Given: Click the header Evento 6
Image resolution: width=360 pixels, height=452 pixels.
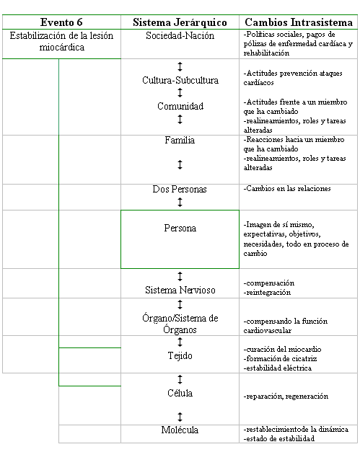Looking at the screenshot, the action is (61, 22).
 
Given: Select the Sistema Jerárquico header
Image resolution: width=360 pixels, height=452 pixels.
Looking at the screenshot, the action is (180, 22).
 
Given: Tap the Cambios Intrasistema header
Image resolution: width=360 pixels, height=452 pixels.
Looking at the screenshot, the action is (299, 22).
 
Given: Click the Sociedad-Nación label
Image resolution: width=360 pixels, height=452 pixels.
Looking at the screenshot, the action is (180, 36).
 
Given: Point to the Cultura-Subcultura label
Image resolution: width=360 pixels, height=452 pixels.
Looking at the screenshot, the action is (180, 80).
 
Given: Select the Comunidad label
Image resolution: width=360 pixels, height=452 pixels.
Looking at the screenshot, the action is (180, 106).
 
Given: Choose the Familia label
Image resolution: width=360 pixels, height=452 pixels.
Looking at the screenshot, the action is (180, 140).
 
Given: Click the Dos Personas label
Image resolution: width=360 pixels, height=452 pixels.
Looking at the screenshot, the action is (180, 189).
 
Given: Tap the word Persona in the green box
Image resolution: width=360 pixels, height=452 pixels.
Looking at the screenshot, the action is (180, 228).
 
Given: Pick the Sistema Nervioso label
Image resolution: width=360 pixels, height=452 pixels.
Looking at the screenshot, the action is (180, 290).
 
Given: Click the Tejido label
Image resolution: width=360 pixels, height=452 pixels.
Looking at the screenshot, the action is (180, 355).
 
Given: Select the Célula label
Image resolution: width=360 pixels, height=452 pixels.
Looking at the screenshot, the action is (180, 393).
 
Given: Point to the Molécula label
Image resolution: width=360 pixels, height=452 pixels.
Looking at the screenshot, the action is (180, 430).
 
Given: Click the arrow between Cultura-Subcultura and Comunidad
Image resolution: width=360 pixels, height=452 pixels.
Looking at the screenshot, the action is (180, 93).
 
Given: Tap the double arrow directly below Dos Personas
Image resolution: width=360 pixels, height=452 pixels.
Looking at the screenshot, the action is (180, 202).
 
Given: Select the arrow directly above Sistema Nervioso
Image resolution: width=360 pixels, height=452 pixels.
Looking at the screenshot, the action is (180, 276).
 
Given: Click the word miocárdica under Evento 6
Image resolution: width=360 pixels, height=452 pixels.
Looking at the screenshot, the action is (62, 48).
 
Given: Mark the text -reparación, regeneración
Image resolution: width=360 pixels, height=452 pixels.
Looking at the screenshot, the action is (286, 396).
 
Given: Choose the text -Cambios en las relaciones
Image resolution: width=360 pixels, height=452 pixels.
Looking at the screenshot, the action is (287, 189).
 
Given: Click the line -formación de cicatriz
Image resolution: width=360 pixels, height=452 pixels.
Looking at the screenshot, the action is (280, 358).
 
